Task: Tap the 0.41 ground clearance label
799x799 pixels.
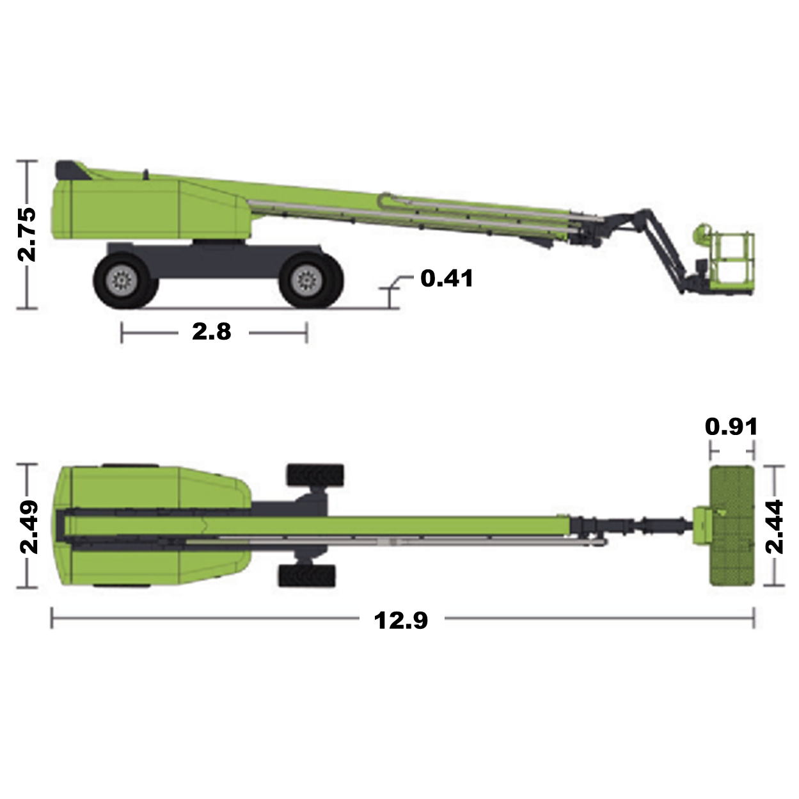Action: pyautogui.click(x=447, y=278)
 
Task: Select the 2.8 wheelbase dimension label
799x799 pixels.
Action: pyautogui.click(x=212, y=332)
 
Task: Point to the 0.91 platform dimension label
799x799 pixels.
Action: pyautogui.click(x=731, y=426)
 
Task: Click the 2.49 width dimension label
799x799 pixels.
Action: pyautogui.click(x=29, y=527)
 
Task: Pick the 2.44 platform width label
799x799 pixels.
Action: pyautogui.click(x=774, y=526)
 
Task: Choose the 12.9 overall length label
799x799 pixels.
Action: pyautogui.click(x=400, y=621)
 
